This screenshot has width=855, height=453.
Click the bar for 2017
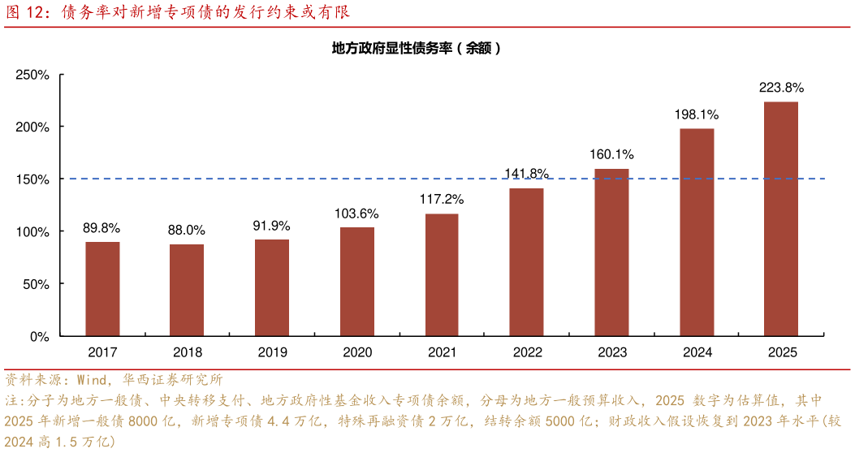pos(102,289)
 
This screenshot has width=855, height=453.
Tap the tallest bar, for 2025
pos(781,219)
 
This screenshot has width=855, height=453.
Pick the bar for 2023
pos(611,252)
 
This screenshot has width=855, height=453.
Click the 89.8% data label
pos(101,228)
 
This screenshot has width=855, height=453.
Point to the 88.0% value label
pos(187,231)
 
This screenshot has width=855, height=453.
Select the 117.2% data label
pos(442,199)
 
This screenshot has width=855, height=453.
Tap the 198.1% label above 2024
pos(696,114)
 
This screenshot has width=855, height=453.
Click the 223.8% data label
pos(781,88)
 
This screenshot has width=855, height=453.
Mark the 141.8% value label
pos(526,173)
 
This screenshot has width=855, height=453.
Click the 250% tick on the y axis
pos(33,75)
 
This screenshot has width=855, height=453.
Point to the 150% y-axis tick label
pos(33,179)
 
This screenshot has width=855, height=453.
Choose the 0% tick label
pos(40,336)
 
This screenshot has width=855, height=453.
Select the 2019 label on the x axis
pos(272,352)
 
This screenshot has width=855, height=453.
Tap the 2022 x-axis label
pos(527,352)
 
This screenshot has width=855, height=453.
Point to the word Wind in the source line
pos(90,379)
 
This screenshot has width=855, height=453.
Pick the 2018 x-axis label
pos(188,352)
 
